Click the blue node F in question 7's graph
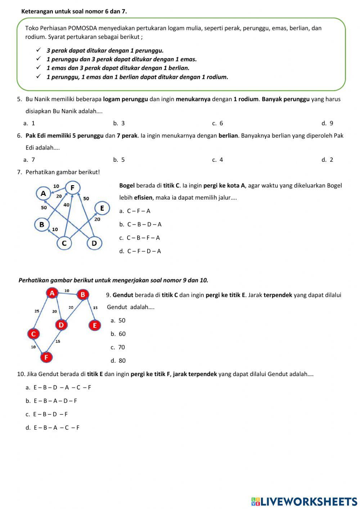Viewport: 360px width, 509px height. point(72,188)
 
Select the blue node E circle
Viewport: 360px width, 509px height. point(102,208)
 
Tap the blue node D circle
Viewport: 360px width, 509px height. point(94,243)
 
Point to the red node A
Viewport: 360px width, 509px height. point(52,293)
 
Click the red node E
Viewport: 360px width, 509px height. point(95,326)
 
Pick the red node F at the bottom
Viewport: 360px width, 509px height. point(46,357)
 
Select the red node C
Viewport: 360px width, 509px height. point(33,334)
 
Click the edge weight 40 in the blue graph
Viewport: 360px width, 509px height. point(66,205)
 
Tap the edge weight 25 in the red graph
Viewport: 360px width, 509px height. point(37,311)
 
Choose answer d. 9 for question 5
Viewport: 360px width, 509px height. point(327,123)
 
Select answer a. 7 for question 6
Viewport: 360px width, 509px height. point(30,160)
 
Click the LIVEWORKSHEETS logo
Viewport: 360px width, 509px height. point(304,501)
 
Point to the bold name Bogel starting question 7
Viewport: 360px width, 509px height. point(127,186)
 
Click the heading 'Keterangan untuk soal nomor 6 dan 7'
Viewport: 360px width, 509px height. point(74,11)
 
